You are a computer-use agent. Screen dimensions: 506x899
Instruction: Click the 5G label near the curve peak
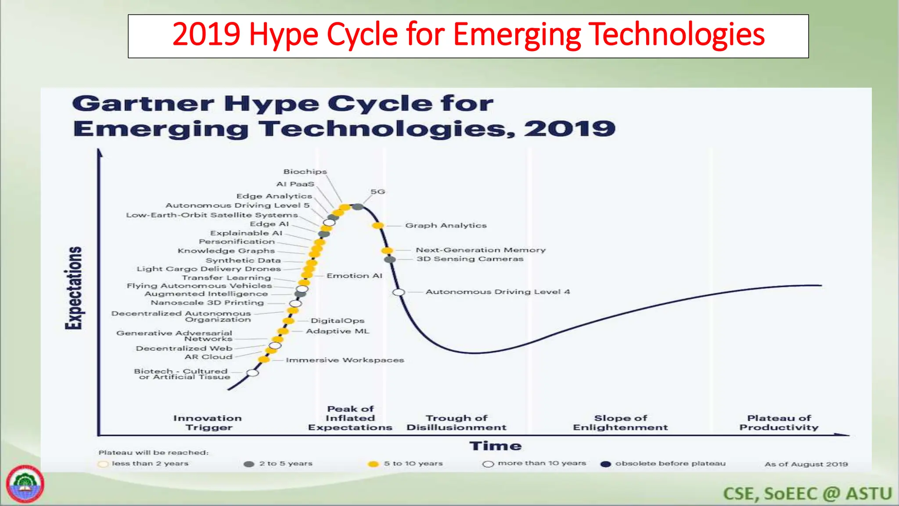coord(378,192)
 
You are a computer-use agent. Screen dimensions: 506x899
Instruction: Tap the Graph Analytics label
coord(446,225)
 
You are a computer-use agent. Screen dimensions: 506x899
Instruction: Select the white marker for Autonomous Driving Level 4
coord(399,292)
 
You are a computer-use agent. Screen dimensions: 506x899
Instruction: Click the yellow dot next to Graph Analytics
coord(378,225)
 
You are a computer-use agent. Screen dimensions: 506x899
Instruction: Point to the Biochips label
coord(305,172)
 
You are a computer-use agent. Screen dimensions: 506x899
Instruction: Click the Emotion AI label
coord(354,276)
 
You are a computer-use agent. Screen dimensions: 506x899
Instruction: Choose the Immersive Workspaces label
coord(345,360)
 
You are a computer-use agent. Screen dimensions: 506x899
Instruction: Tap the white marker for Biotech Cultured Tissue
coord(252,373)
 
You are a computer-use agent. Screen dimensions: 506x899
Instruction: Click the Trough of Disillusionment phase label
coord(456,423)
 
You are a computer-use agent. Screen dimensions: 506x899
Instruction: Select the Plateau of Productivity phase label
coord(779,423)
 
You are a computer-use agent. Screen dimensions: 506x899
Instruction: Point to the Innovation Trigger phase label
coord(208,423)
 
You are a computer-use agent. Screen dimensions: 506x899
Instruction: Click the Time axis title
coord(495,446)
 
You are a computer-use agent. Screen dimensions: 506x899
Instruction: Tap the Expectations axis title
coord(73,288)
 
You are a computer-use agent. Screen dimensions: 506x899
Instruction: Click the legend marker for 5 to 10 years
coord(373,464)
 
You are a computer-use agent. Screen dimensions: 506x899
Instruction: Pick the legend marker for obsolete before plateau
coord(606,464)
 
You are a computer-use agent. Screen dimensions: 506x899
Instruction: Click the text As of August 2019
coord(806,464)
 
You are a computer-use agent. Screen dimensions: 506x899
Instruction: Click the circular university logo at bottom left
coord(25,484)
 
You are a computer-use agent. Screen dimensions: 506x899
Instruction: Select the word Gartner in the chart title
coord(143,104)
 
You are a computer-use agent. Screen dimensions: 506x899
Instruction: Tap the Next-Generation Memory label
coord(481,250)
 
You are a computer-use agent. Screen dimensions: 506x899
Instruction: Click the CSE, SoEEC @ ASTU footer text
coord(807,494)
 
